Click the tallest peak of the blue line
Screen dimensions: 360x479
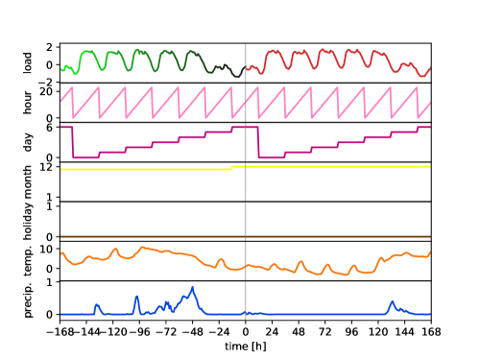(193, 287)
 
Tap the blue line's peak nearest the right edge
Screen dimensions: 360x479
(392, 301)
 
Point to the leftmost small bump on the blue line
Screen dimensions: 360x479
(96, 304)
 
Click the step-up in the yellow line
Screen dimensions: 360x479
(232, 168)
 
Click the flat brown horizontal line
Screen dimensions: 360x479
(240, 236)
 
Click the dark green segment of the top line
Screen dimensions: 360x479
(206, 61)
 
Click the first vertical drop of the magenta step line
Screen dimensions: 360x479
(73, 142)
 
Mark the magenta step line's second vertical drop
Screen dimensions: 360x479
(258, 142)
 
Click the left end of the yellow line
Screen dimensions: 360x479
(61, 169)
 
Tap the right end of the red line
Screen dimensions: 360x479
(429, 68)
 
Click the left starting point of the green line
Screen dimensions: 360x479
(62, 69)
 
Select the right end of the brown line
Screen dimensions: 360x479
(429, 236)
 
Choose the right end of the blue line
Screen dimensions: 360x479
(429, 314)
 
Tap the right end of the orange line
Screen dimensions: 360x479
(429, 252)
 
